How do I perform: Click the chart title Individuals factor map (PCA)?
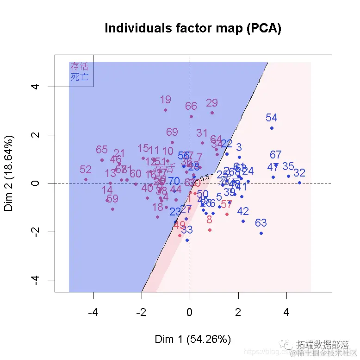pos(193,28)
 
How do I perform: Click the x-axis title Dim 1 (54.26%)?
pos(192,339)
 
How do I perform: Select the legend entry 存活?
pos(79,66)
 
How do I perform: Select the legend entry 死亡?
pos(79,77)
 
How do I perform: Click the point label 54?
pos(271,118)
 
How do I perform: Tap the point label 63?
pos(261,223)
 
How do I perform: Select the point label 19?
pos(165,100)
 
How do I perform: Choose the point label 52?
pos(86,170)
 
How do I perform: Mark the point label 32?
pos(299,173)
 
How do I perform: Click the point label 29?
pos(211,103)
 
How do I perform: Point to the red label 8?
pos(209,220)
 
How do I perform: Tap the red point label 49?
pos(180,226)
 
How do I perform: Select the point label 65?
pos(102,150)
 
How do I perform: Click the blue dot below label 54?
pos(272,128)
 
